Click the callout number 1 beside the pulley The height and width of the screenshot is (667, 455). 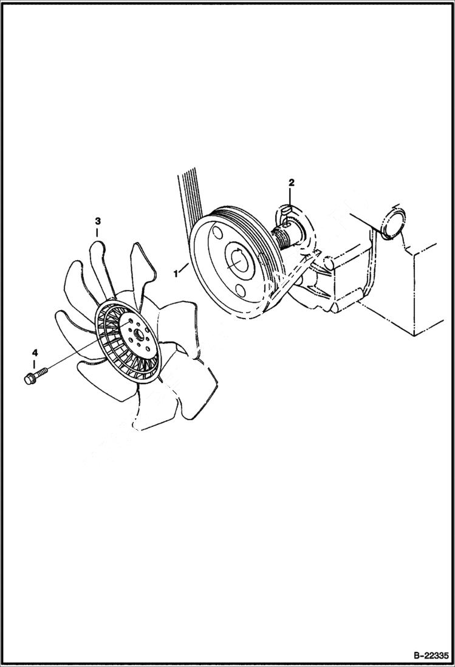coord(176,274)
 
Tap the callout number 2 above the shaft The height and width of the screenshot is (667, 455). coord(291,182)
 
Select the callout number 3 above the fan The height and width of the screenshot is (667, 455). coord(97,221)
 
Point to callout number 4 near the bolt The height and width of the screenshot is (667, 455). coord(35,353)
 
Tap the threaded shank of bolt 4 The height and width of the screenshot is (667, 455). coord(41,371)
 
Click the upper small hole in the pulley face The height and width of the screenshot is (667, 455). coord(216,232)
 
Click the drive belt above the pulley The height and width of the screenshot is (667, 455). coord(188,195)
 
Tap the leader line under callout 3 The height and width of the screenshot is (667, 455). coord(97,234)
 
